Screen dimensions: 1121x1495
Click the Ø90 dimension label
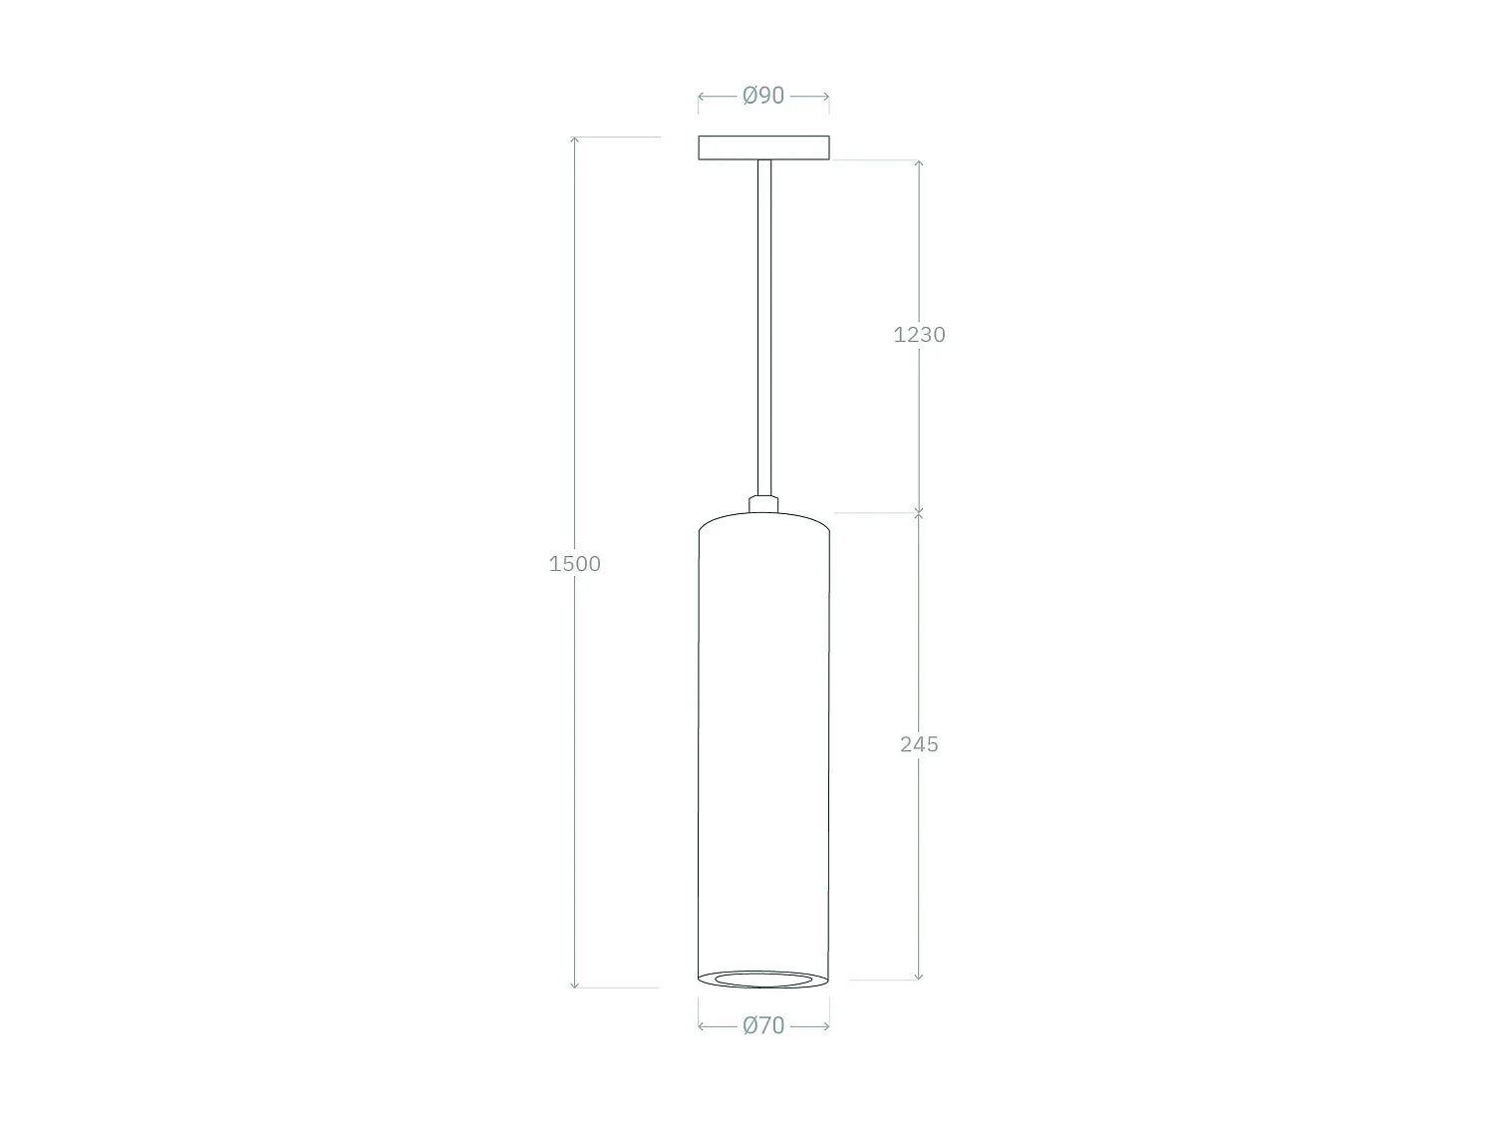coord(763,96)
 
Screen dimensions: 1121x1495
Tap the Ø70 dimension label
coord(763,1025)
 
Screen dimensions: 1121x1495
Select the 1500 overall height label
coord(575,564)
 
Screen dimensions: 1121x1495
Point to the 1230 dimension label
coord(919,335)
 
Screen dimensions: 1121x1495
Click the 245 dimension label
coord(919,744)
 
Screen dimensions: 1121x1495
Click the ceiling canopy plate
coord(763,148)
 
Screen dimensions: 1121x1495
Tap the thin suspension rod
coord(764,329)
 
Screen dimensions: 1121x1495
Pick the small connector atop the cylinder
coord(764,504)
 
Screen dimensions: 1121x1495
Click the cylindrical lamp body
coord(763,747)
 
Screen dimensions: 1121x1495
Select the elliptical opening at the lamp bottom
coord(763,980)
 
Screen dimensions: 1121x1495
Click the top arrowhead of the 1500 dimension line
coord(575,140)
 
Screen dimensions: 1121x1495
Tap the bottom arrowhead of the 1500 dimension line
coord(575,984)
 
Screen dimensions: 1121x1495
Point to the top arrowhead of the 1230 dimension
coord(919,163)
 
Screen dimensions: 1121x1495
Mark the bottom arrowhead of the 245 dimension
coord(919,977)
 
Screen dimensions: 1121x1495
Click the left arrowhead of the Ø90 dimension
coord(702,97)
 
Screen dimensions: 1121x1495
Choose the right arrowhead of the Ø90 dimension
coord(826,97)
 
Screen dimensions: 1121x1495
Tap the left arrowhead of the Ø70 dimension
coord(702,1026)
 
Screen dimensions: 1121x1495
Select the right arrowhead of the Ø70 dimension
coord(826,1026)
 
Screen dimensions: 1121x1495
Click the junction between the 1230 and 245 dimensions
coord(919,513)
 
